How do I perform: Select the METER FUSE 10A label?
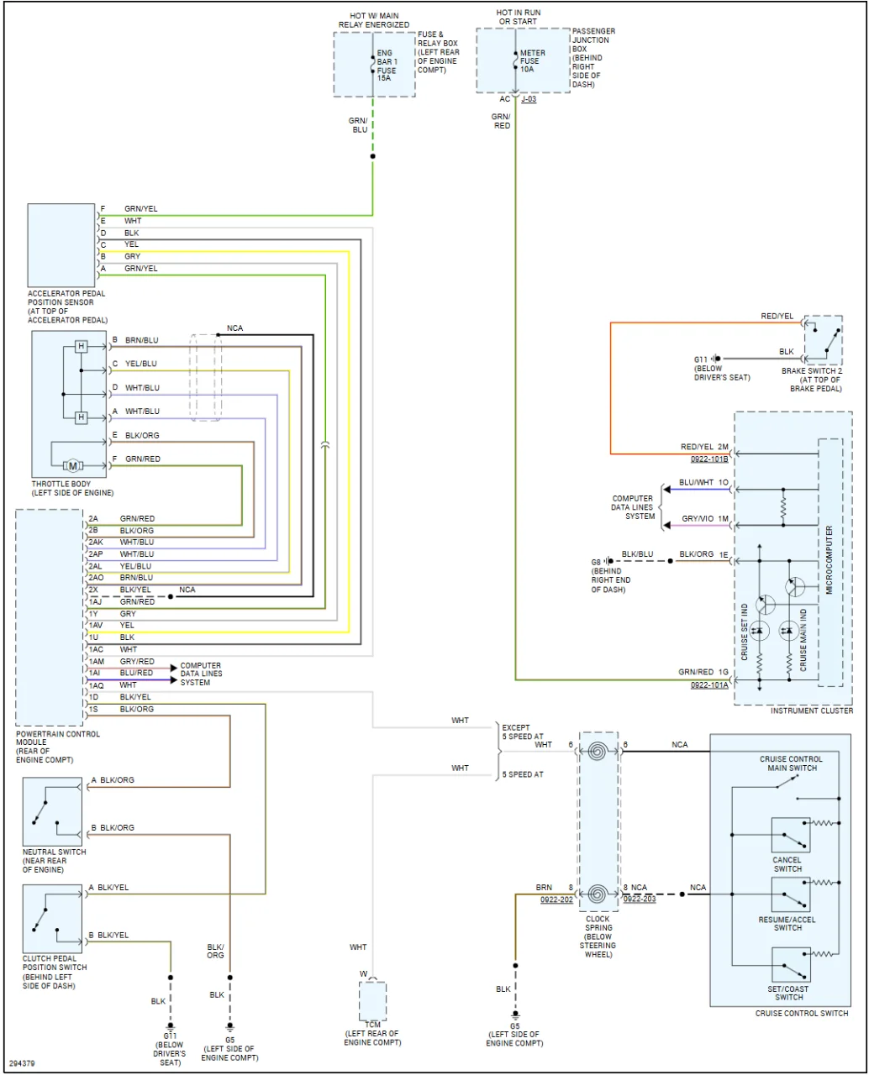[x=532, y=61]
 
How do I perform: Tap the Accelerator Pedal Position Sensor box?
[x=61, y=244]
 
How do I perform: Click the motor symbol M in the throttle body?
[x=72, y=465]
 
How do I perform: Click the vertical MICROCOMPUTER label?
[x=829, y=561]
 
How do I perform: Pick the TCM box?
[x=372, y=1000]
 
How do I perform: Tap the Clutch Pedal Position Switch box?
[x=52, y=919]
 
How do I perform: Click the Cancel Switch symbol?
[x=791, y=836]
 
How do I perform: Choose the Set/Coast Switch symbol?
[x=791, y=965]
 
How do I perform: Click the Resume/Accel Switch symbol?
[x=791, y=895]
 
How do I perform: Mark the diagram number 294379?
[x=23, y=1063]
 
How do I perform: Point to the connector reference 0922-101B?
[x=708, y=460]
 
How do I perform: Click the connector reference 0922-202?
[x=556, y=899]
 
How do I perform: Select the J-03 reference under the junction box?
[x=529, y=99]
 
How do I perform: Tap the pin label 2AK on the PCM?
[x=95, y=543]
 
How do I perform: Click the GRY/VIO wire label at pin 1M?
[x=698, y=519]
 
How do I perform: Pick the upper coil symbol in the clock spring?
[x=598, y=751]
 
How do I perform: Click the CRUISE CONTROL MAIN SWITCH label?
[x=791, y=763]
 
